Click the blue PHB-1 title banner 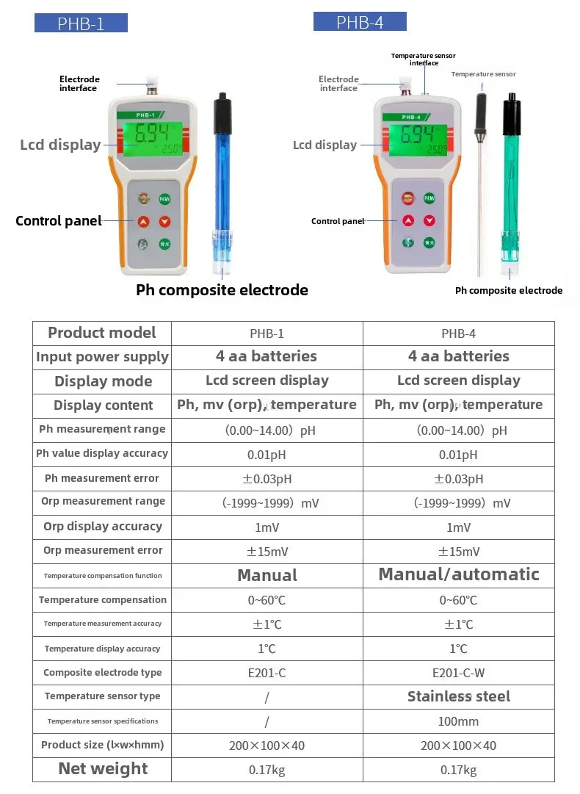(81, 24)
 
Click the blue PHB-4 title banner (360, 22)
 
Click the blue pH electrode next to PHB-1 (222, 184)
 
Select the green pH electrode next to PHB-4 (512, 184)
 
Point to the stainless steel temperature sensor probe (480, 191)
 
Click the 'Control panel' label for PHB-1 (58, 221)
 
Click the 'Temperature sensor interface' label (424, 59)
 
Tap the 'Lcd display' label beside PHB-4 (325, 145)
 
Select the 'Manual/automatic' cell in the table (459, 575)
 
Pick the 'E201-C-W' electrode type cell (459, 673)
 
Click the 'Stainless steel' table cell (459, 697)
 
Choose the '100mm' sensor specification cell (459, 721)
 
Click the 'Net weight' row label (103, 769)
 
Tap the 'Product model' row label (102, 333)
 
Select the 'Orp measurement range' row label (103, 502)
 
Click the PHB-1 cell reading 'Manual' (267, 575)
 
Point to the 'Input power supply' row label (102, 357)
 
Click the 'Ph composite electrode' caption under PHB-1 (222, 290)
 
